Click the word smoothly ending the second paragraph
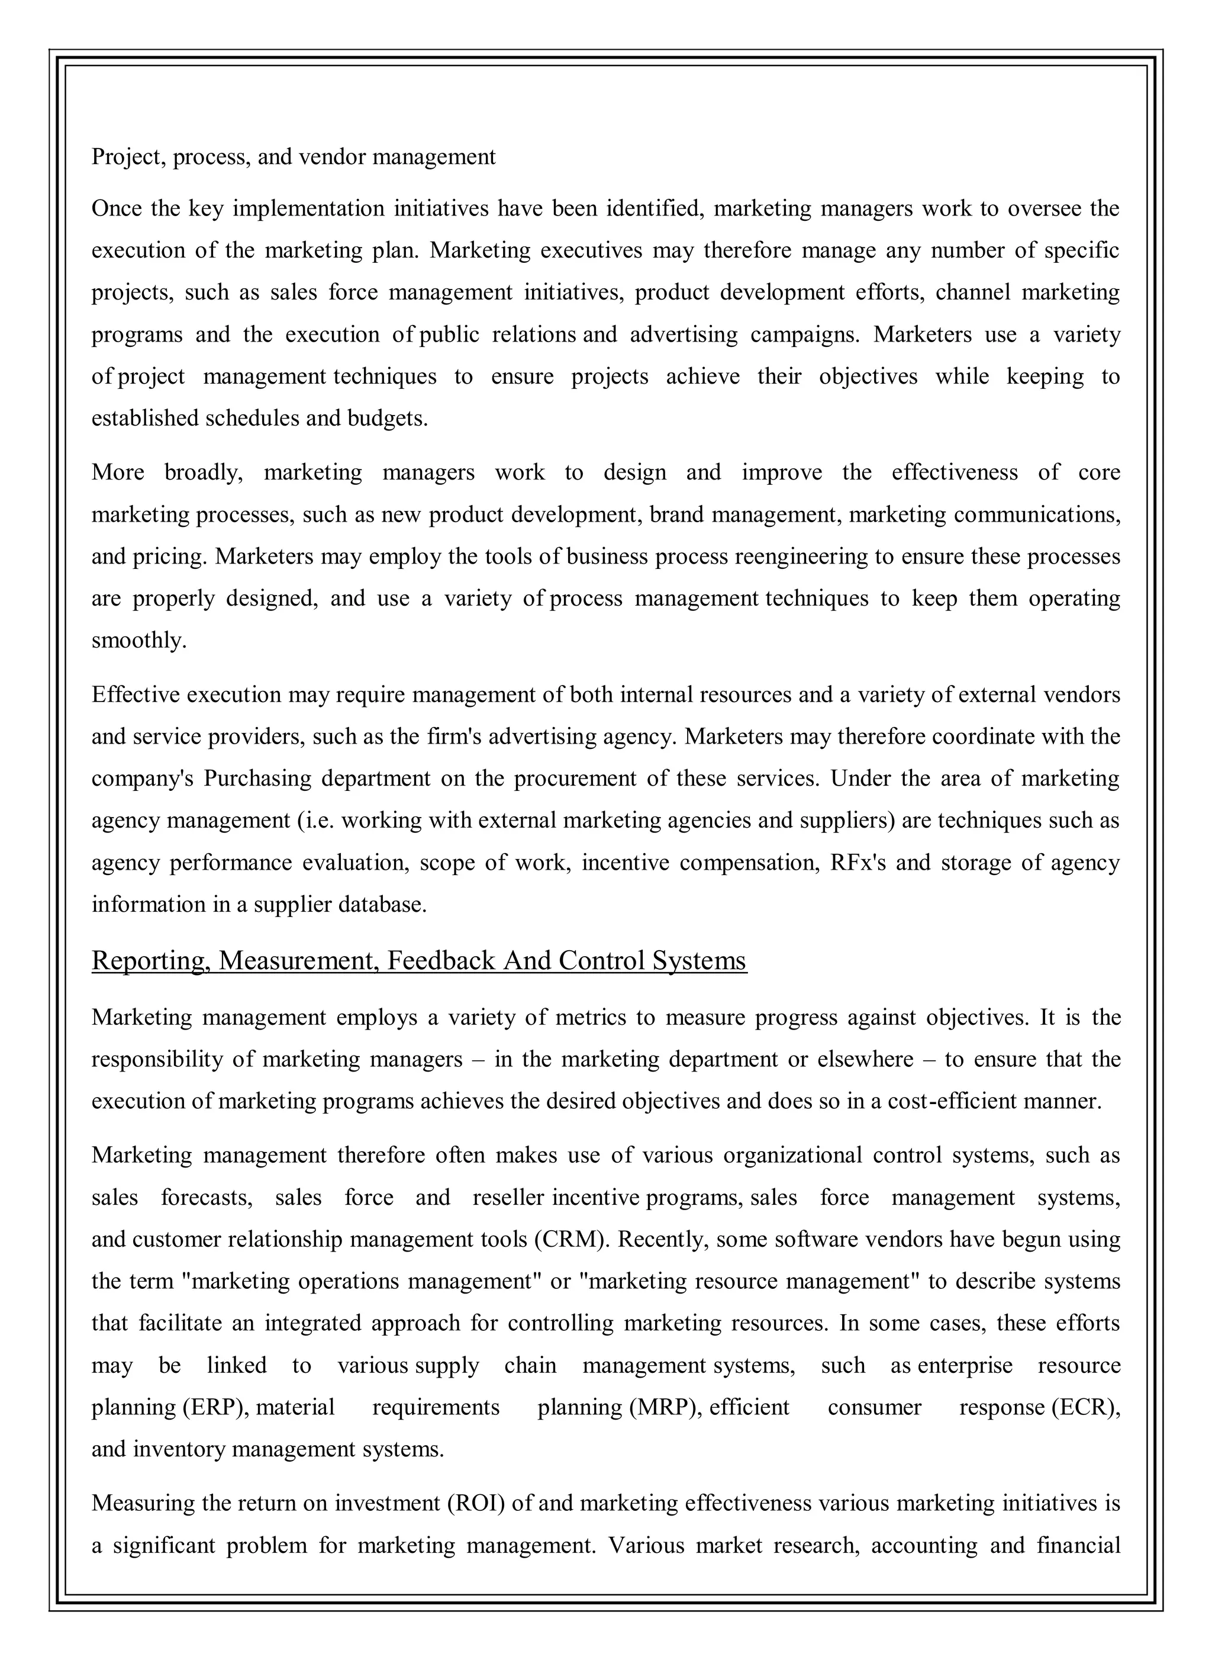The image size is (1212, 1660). coord(138,641)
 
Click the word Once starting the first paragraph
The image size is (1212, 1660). coord(116,209)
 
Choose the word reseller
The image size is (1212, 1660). coord(508,1198)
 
